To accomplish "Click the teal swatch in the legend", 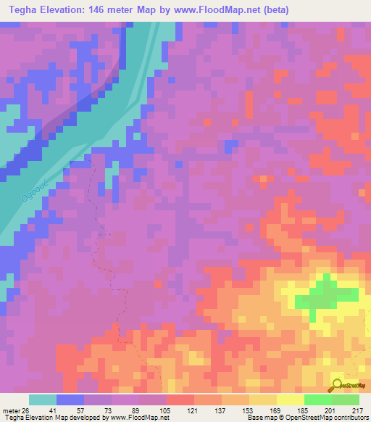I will (43, 400).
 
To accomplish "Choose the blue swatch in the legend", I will (70, 400).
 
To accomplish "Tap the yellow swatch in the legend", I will (290, 400).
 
